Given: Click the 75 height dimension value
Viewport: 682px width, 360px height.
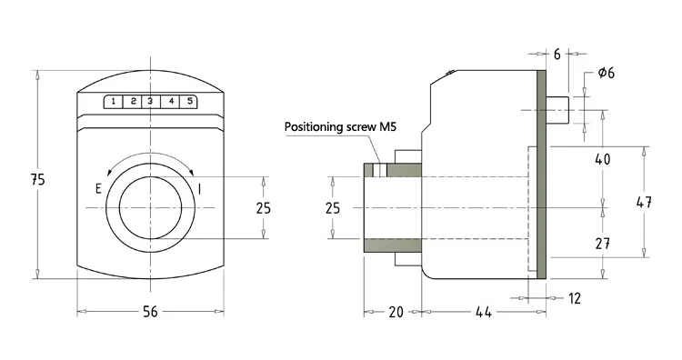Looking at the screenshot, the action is coord(38,179).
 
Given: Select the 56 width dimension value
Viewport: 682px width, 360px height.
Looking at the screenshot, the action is coord(150,311).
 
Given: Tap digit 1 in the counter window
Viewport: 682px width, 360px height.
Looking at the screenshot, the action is coord(114,101).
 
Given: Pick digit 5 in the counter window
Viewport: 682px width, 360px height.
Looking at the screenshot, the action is coord(190,101).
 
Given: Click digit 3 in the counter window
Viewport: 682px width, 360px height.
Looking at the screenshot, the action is coord(150,101).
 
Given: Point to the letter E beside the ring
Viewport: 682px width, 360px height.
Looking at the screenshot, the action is coord(98,189).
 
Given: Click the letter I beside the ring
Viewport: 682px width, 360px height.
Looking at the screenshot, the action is coord(199,189).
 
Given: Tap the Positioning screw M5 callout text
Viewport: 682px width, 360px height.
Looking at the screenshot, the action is coord(340,127).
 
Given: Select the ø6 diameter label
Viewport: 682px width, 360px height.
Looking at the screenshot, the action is coord(607,73).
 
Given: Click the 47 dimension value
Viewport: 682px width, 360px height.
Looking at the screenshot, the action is coord(644,202).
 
